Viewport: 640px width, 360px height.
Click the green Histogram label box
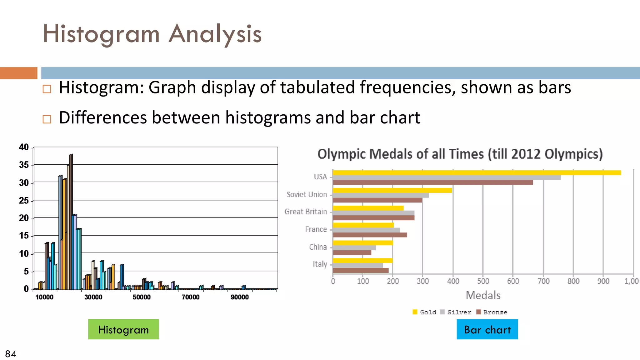[123, 329]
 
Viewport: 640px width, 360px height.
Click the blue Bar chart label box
[487, 329]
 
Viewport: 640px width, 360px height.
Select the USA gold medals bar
[476, 173]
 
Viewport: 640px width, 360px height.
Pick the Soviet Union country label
[307, 194]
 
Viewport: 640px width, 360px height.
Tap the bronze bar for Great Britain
[373, 218]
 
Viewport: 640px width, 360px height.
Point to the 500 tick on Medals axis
[483, 281]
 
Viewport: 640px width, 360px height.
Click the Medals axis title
[483, 295]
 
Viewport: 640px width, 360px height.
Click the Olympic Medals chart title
[460, 154]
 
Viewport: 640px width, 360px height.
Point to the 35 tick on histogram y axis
[24, 165]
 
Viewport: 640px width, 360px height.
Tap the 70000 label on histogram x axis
[190, 297]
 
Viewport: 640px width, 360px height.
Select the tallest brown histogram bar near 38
[71, 222]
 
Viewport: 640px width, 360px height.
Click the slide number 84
[11, 354]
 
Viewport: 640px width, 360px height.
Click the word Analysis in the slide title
[215, 34]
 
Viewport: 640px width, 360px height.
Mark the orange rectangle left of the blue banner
[18, 73]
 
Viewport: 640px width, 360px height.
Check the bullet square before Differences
[47, 119]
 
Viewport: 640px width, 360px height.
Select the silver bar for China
[354, 248]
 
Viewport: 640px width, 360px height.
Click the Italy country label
[320, 264]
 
